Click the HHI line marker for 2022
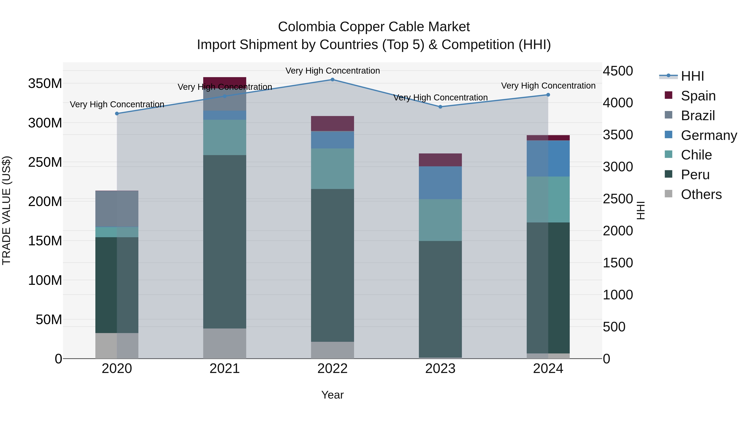[x=332, y=80]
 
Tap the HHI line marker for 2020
[x=117, y=114]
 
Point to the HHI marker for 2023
[x=440, y=107]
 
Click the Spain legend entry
[x=698, y=96]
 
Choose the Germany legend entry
[x=709, y=135]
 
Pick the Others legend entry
[x=701, y=194]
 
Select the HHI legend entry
[x=692, y=76]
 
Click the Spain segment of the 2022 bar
[x=332, y=123]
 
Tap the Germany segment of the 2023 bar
[x=440, y=183]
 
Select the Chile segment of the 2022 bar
[x=332, y=169]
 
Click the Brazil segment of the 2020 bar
[x=117, y=209]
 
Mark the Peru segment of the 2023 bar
[x=440, y=299]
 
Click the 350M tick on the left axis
[x=45, y=84]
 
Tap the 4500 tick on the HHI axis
[x=618, y=71]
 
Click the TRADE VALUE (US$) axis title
[x=6, y=210]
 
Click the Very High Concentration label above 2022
[x=332, y=71]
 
